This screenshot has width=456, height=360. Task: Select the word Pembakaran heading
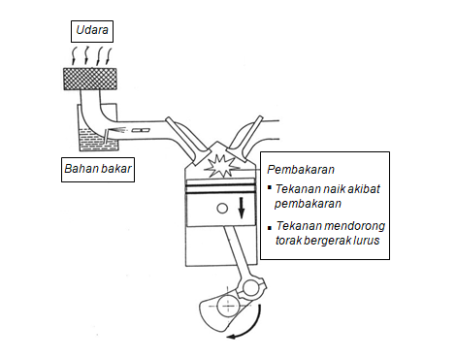tap(295, 168)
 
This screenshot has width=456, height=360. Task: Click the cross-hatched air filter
tap(93, 79)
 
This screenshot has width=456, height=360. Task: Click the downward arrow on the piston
tap(242, 208)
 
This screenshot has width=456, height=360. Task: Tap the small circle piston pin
tap(223, 208)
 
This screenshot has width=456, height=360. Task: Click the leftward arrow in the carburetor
tap(119, 129)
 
